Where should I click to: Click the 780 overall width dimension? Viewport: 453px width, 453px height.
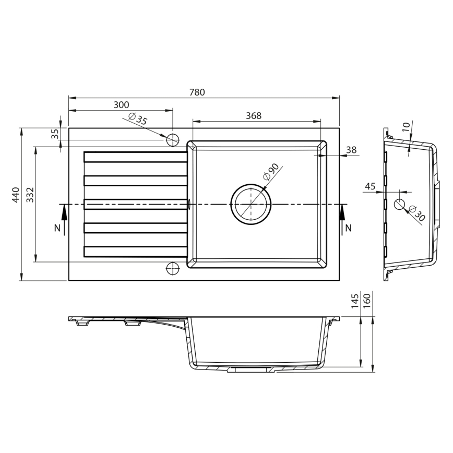click(197, 92)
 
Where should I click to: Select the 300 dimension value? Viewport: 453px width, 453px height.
click(121, 105)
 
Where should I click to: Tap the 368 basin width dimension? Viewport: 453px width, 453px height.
click(253, 116)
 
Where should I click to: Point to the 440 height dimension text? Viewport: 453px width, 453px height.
click(16, 195)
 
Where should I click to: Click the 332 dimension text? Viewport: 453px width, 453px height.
click(30, 195)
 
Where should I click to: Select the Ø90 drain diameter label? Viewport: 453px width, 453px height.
click(271, 172)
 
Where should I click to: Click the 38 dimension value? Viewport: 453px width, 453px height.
click(351, 150)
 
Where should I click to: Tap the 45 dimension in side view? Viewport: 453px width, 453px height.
click(370, 186)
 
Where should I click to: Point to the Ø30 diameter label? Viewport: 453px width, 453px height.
click(416, 213)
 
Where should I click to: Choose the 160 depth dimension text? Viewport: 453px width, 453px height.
click(367, 300)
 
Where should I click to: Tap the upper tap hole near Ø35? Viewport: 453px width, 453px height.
click(172, 139)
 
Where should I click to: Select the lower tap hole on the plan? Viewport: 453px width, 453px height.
click(172, 269)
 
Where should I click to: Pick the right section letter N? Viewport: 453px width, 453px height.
click(349, 228)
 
